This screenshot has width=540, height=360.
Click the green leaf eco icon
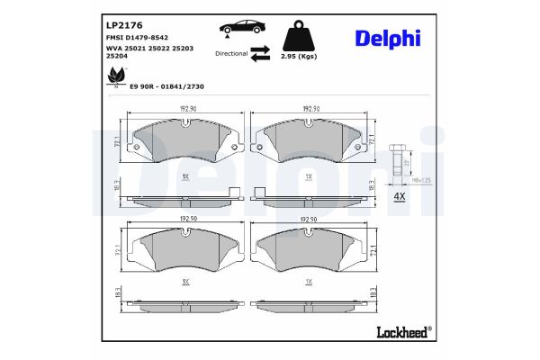pyautogui.click(x=116, y=78)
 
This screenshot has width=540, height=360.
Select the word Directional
pyautogui.click(x=231, y=53)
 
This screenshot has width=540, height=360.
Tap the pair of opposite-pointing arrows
pyautogui.click(x=260, y=53)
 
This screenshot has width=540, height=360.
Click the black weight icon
pyautogui.click(x=298, y=37)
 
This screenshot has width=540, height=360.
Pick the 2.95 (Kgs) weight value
pyautogui.click(x=298, y=56)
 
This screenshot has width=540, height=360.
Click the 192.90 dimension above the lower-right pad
pyautogui.click(x=309, y=218)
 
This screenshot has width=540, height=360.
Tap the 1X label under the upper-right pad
pyautogui.click(x=309, y=176)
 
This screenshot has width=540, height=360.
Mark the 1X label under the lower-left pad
pyautogui.click(x=184, y=282)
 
